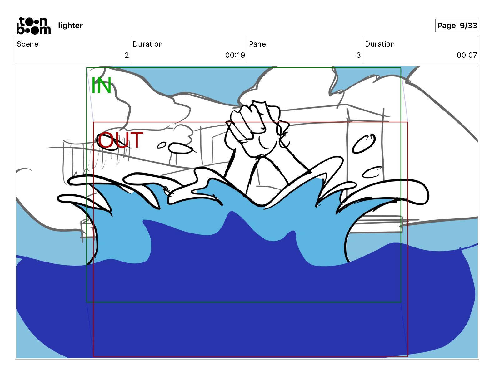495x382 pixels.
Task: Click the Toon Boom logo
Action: tap(33, 26)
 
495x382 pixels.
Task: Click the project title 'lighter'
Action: tap(70, 26)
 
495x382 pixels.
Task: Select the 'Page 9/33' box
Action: tap(457, 26)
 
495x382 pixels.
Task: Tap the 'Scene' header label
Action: tap(27, 44)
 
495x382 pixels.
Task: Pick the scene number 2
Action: tap(127, 55)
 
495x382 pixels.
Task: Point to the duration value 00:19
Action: tap(235, 55)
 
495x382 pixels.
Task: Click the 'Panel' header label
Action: tap(258, 44)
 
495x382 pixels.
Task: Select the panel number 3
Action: tap(358, 55)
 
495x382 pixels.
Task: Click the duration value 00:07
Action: tap(467, 55)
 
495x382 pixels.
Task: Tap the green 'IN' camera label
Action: tap(101, 85)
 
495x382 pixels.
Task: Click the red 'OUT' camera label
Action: tap(120, 140)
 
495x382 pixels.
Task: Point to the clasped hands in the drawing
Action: tap(256, 128)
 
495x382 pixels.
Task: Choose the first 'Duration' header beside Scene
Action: tap(147, 44)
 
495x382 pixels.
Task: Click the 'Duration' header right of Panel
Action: tap(380, 44)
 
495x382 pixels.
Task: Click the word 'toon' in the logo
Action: tap(33, 21)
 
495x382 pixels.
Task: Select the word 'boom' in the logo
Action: tap(33, 30)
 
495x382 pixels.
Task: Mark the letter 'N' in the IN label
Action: tap(104, 85)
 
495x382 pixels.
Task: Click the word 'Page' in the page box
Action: tap(447, 26)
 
